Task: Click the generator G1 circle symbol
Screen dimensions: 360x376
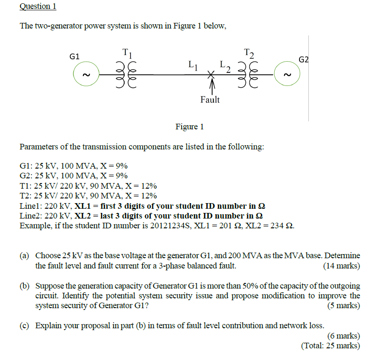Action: [85, 75]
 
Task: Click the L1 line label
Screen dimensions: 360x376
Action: [193, 66]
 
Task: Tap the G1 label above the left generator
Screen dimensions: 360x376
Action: [75, 56]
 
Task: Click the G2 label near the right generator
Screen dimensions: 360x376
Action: [304, 60]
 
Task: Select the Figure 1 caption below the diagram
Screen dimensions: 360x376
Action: [189, 127]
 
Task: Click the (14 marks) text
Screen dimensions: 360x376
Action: [341, 266]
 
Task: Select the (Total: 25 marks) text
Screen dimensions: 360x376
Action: [330, 346]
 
